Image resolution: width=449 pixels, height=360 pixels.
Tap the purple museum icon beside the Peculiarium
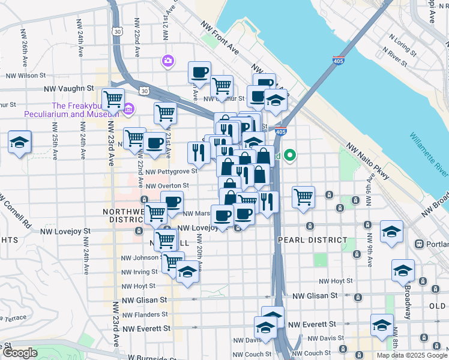pos(128,110)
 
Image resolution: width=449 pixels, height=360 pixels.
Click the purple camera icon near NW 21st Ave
pos(167,61)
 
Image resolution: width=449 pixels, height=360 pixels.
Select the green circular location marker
pos(291,156)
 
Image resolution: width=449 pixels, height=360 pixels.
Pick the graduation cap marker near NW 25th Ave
pos(20,143)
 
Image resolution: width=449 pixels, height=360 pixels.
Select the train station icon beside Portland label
pos(419,244)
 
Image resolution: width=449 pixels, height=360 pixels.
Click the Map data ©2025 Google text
pos(412,355)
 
